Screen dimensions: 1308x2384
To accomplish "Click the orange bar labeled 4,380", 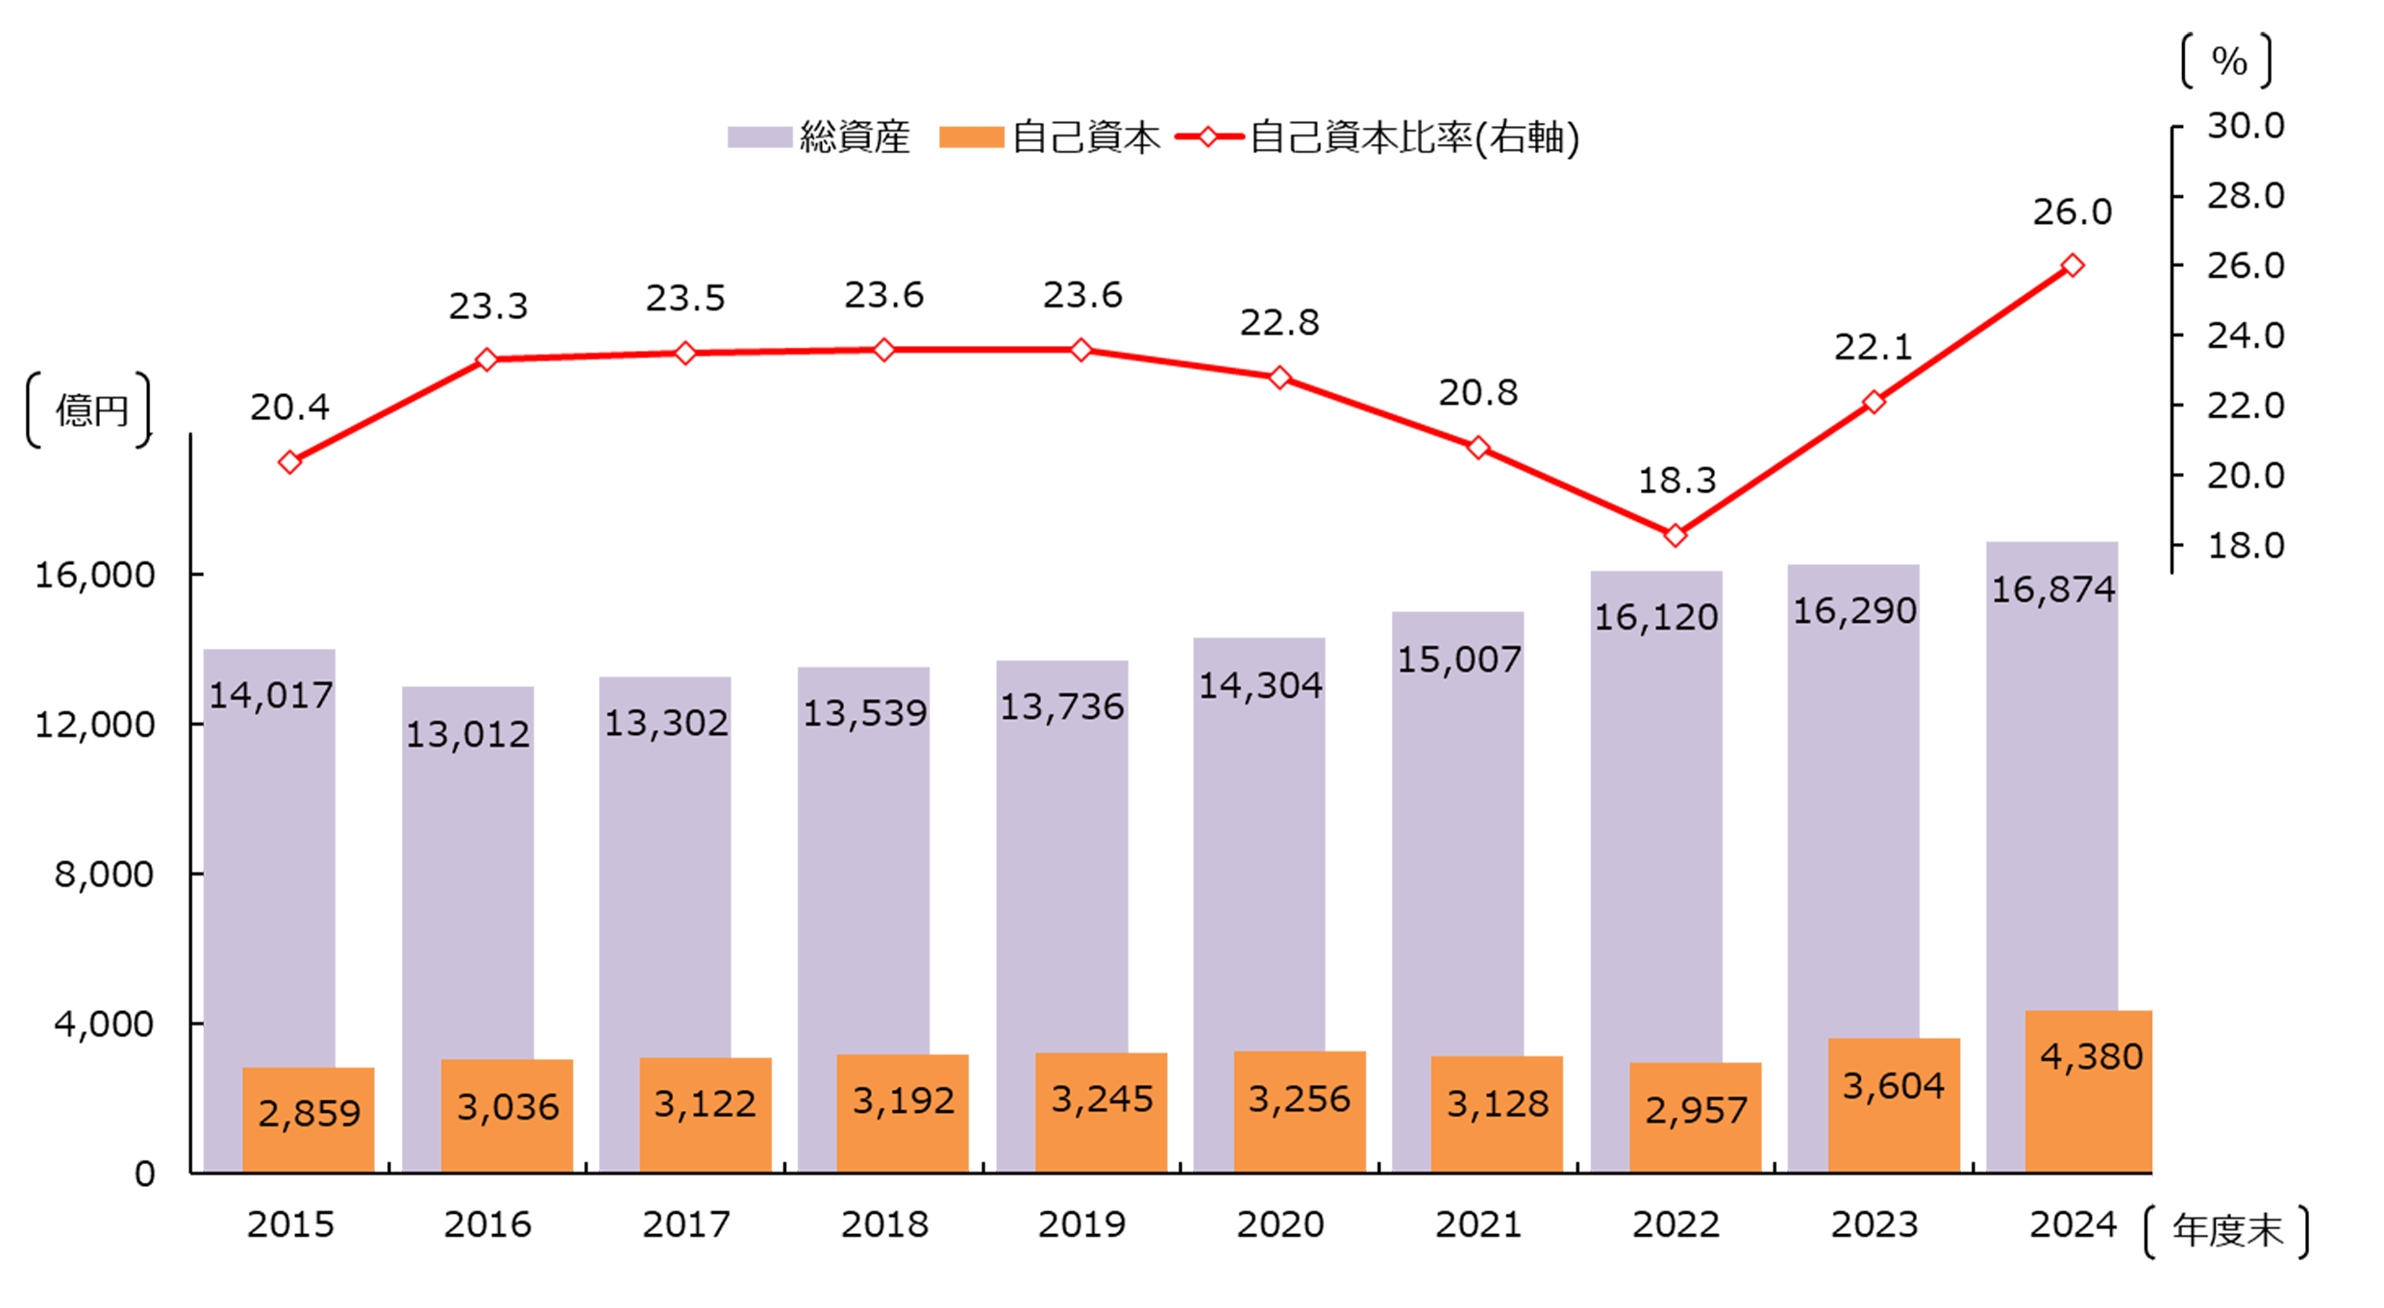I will pos(2088,1092).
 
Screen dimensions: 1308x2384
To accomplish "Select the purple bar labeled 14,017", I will pos(269,865).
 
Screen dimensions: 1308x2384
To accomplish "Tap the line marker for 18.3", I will pos(1676,535).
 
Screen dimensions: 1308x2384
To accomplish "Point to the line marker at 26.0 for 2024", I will pos(2073,265).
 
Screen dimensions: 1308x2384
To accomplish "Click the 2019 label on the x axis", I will pos(1081,1224).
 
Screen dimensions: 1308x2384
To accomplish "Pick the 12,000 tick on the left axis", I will pos(94,725).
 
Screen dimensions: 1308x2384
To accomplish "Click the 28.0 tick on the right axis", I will pos(2245,196).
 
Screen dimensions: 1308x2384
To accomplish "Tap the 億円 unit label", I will pos(90,410).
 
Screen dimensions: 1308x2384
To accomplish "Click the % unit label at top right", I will pos(2228,62).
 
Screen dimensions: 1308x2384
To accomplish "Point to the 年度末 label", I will pos(2226,1231).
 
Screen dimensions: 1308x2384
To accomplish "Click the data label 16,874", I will pos(2052,589).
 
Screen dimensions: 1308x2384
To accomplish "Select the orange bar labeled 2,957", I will pos(1695,1118).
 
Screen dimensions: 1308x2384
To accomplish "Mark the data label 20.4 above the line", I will pos(289,407).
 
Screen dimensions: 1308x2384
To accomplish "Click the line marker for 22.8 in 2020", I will pos(1279,378).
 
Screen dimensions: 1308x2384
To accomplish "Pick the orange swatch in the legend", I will pos(971,137).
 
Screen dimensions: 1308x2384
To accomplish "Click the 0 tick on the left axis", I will pos(144,1173).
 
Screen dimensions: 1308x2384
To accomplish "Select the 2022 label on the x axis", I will pos(1676,1224).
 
